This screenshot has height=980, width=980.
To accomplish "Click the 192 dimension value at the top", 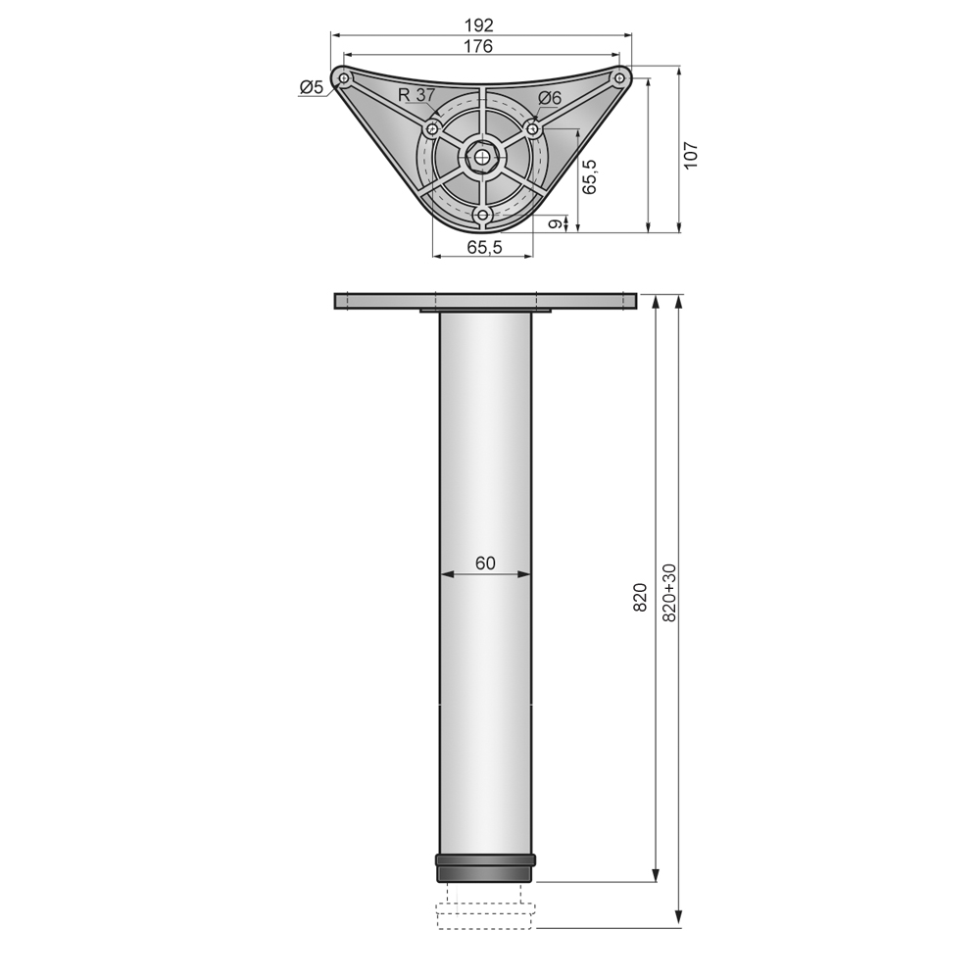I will click(480, 24).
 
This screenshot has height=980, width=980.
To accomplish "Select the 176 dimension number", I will click(480, 46).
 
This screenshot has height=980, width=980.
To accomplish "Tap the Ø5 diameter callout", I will click(311, 88).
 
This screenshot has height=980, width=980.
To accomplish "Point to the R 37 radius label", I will click(416, 95).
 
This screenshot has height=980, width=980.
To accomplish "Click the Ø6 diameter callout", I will click(550, 97).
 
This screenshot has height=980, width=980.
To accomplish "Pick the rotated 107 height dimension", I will click(691, 155).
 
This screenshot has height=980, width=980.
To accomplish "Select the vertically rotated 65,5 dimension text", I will click(590, 176).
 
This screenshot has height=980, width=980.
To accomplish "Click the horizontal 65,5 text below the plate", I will click(484, 247).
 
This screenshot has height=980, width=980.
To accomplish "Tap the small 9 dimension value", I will click(555, 223).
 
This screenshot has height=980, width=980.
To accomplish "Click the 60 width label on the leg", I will click(485, 563).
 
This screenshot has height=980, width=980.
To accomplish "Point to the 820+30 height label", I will click(670, 593).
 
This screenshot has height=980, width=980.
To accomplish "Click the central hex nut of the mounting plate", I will click(481, 155).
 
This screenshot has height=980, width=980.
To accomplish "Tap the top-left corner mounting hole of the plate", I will click(343, 77).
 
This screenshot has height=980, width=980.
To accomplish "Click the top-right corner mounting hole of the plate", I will click(619, 77).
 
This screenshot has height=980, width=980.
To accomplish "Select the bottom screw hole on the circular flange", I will click(481, 213).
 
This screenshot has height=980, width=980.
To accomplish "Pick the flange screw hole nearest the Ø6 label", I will click(532, 127).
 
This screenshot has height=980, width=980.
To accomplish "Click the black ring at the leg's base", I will click(485, 868).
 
